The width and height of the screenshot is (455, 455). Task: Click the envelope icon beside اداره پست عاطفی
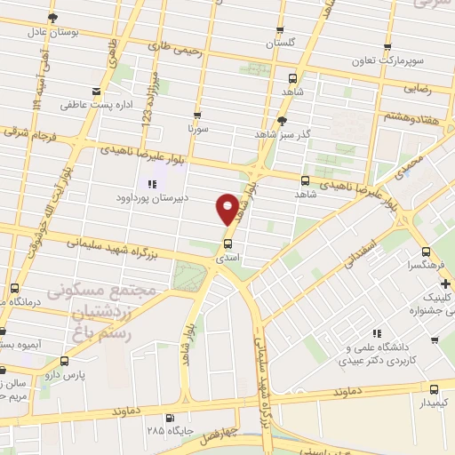[96, 91]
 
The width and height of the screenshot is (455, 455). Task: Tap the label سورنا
[196, 129]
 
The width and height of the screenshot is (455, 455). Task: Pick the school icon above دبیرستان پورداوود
[153, 185]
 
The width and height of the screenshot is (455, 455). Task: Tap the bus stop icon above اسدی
[228, 243]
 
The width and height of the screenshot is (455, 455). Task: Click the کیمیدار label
[433, 403]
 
